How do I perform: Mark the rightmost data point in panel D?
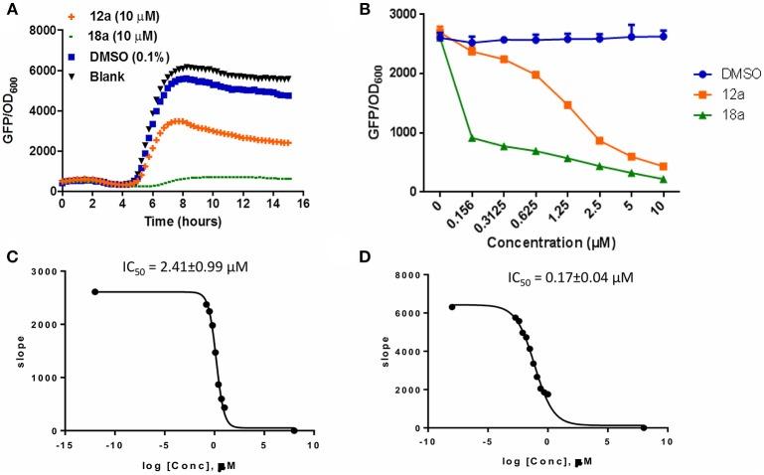(x=644, y=427)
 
